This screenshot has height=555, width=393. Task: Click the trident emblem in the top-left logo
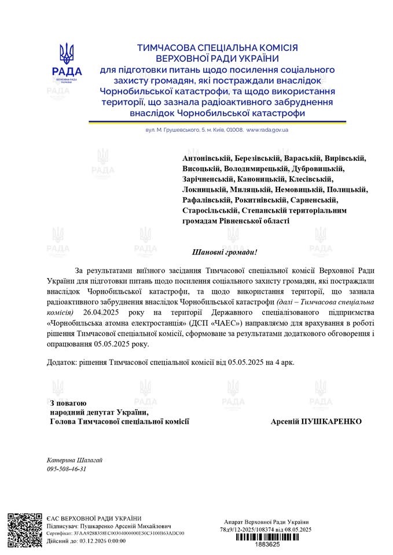[67, 54]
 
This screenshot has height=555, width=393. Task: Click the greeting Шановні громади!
[224, 253]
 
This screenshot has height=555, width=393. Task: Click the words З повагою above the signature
[68, 402]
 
